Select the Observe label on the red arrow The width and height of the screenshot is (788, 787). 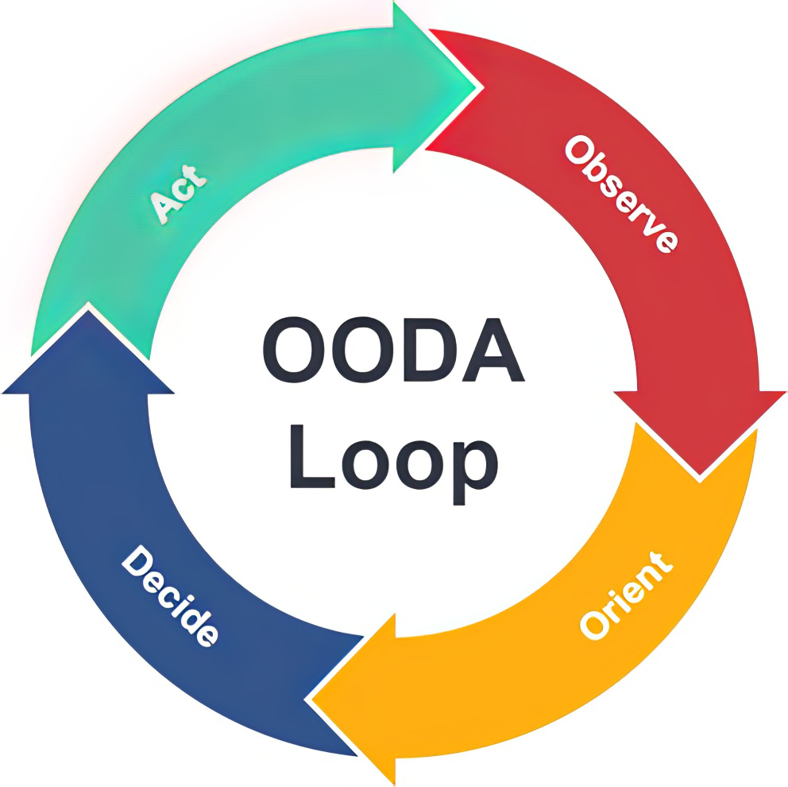point(622,194)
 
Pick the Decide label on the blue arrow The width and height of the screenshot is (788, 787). point(170,595)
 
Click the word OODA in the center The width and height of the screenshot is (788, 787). point(393,350)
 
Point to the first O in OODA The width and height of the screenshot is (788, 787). point(295,350)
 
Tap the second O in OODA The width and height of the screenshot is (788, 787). point(361,350)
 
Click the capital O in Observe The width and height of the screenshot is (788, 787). point(578,149)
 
